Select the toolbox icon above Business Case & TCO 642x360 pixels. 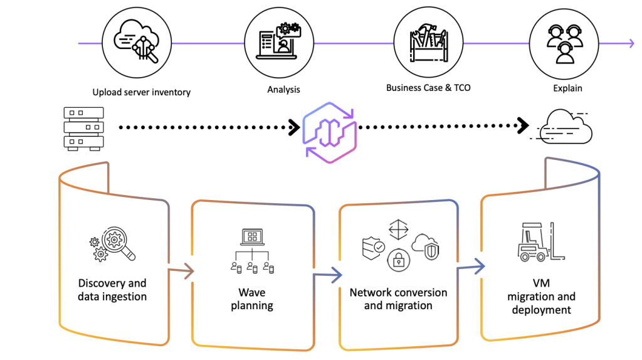tap(428, 43)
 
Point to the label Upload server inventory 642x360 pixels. tap(141, 92)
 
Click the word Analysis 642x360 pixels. tap(283, 90)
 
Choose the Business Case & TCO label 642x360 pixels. tap(428, 88)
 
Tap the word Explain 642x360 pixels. tap(567, 88)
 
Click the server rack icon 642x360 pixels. tap(83, 128)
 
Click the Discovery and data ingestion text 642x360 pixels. tap(112, 290)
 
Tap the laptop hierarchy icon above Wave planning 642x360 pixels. tap(252, 251)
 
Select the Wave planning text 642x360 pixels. tap(252, 299)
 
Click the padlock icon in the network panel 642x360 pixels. tap(398, 259)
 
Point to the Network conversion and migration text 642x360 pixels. tap(398, 299)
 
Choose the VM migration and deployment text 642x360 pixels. tap(541, 296)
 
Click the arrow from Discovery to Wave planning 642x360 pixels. tap(182, 271)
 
